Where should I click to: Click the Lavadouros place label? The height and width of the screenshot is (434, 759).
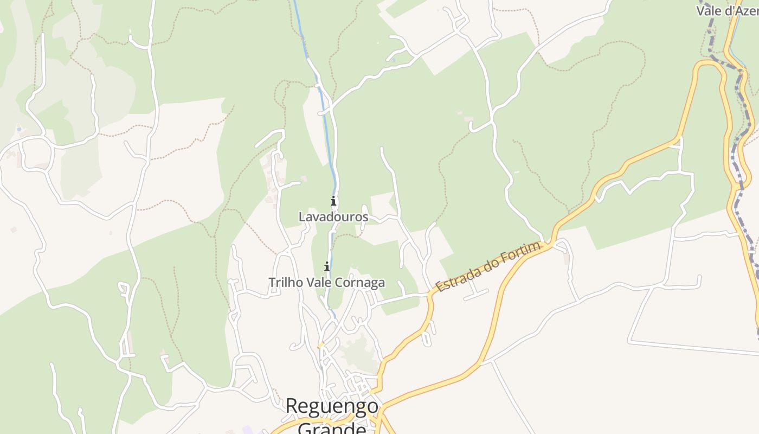pyautogui.click(x=333, y=217)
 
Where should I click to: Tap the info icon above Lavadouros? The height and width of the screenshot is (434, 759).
pyautogui.click(x=333, y=201)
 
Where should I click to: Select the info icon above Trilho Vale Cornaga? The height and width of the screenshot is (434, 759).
pyautogui.click(x=327, y=266)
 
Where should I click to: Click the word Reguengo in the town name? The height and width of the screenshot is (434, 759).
pyautogui.click(x=332, y=406)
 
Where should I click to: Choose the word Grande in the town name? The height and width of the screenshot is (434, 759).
pyautogui.click(x=332, y=429)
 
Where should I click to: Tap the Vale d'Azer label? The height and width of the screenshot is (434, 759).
pyautogui.click(x=726, y=10)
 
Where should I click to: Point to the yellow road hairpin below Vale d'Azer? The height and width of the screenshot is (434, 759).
pyautogui.click(x=708, y=63)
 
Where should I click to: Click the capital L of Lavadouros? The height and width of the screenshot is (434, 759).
pyautogui.click(x=302, y=217)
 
